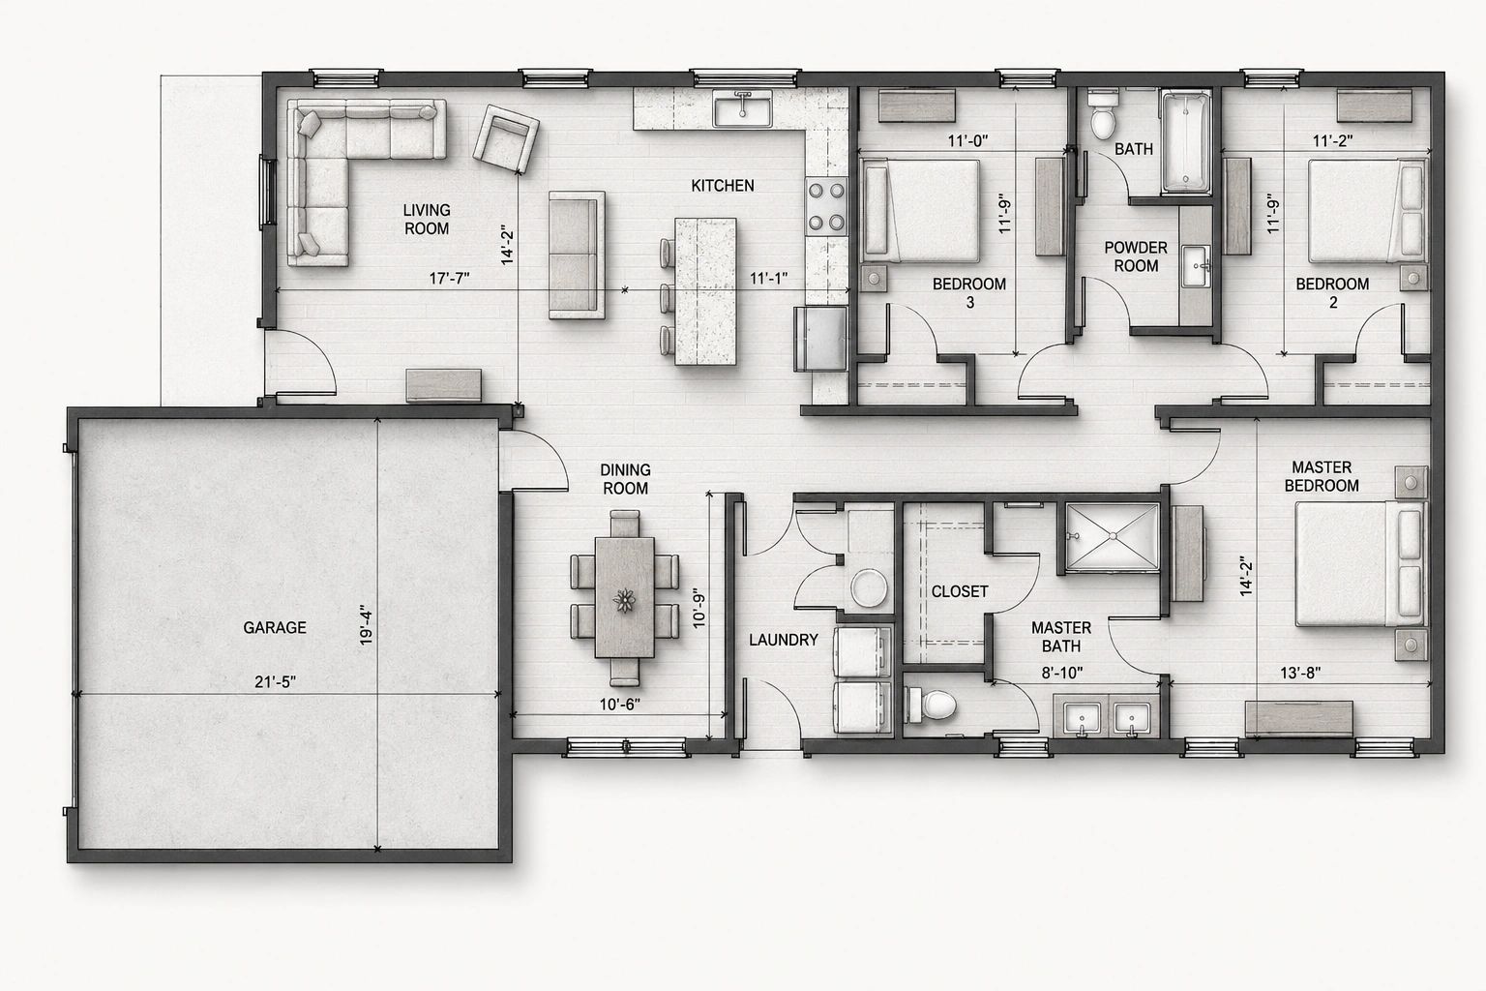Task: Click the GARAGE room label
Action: [275, 627]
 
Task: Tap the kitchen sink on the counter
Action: [742, 109]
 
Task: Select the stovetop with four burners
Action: [826, 206]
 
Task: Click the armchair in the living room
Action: [506, 139]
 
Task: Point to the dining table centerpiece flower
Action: [624, 600]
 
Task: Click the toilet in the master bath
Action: [931, 705]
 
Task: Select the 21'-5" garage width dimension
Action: [276, 681]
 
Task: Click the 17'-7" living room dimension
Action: [449, 278]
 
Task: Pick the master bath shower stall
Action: [1113, 537]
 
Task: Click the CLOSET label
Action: [960, 591]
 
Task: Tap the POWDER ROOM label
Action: [1136, 256]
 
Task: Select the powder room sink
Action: [1196, 266]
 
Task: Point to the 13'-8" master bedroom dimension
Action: [1300, 673]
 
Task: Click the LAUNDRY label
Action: [784, 640]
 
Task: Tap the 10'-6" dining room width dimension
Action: [619, 705]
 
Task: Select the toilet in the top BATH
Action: [1103, 116]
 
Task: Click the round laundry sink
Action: [869, 588]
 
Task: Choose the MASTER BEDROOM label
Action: [1322, 476]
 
